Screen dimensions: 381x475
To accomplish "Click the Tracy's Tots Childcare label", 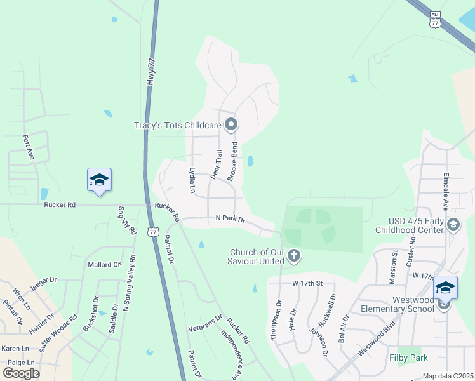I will pos(179,125).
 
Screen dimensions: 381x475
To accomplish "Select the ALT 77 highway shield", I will pos(434,20).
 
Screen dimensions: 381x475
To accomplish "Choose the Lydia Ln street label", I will pos(192,180).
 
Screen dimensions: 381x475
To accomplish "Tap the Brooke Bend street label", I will pos(233,161).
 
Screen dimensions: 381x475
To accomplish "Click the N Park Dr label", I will pos(234,220).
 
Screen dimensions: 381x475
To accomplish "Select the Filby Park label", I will pos(409,358).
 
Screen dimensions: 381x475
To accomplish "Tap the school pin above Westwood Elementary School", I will pos(445,287).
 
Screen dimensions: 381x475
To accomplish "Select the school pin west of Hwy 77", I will pos(99,180).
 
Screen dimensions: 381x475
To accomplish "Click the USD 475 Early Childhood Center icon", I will pos(453,224).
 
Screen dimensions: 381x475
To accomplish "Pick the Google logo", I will pos(22,373).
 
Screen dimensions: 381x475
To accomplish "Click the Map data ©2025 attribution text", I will pos(448,376).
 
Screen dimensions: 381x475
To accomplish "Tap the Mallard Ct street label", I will pos(104,264).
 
